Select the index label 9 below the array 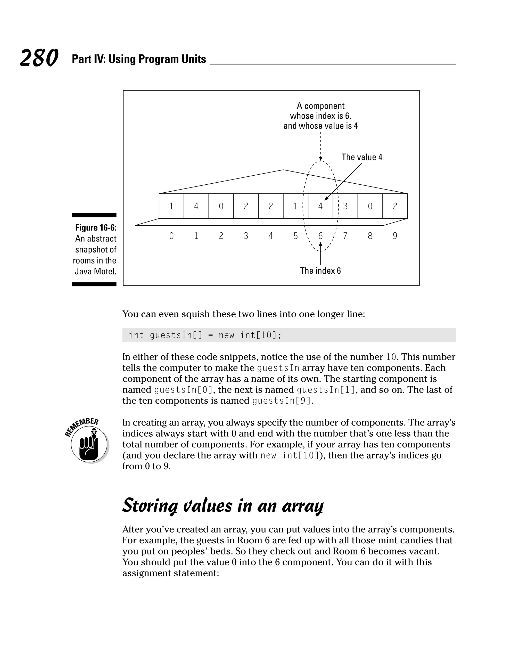395,236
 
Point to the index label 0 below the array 171,236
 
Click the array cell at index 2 221,206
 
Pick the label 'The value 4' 362,157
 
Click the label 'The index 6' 320,271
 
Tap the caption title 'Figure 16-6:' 96,228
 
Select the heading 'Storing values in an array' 222,506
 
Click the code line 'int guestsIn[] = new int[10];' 205,335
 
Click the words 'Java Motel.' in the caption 95,272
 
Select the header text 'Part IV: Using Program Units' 139,59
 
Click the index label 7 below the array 345,236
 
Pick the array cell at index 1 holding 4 196,206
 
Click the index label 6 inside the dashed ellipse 320,236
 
